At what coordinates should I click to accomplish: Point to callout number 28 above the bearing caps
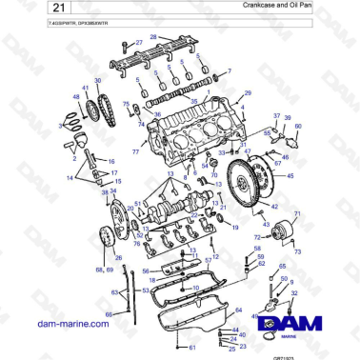152,36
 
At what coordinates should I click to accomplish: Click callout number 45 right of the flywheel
290,177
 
